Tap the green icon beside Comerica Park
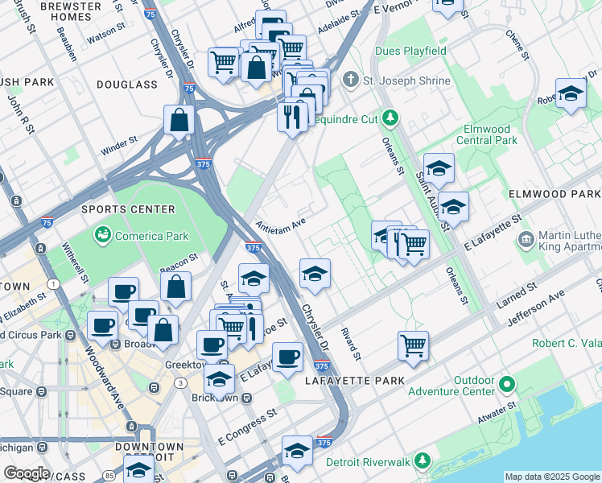(x=103, y=235)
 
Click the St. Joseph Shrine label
(x=402, y=80)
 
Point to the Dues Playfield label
(x=410, y=51)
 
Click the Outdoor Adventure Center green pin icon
(x=506, y=384)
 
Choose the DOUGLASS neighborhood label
(x=127, y=85)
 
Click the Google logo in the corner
(x=27, y=473)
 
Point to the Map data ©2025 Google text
(x=551, y=477)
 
